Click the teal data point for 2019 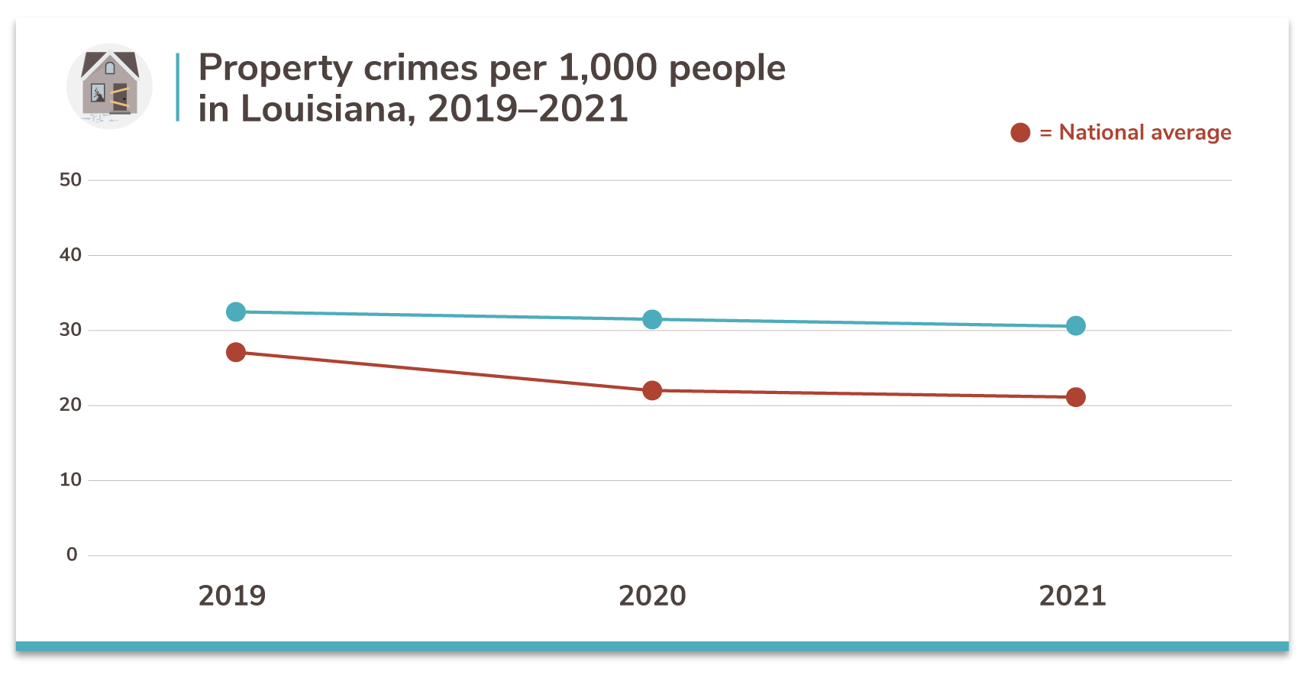[x=236, y=312]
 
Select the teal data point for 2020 [x=652, y=319]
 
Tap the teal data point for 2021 [x=1075, y=326]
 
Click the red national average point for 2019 [x=236, y=352]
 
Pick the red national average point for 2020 [x=652, y=390]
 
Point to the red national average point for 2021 [x=1075, y=397]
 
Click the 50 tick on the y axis [x=70, y=180]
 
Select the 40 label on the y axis [x=70, y=255]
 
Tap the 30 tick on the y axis [x=70, y=330]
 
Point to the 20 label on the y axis [x=70, y=405]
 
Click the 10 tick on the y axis [x=70, y=480]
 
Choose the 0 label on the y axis [x=72, y=554]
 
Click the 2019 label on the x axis [x=232, y=596]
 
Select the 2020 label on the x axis [x=652, y=596]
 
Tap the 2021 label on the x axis [x=1072, y=596]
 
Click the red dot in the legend [x=1020, y=133]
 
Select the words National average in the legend [x=1145, y=133]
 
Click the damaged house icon [x=110, y=86]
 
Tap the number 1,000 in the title [x=608, y=68]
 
